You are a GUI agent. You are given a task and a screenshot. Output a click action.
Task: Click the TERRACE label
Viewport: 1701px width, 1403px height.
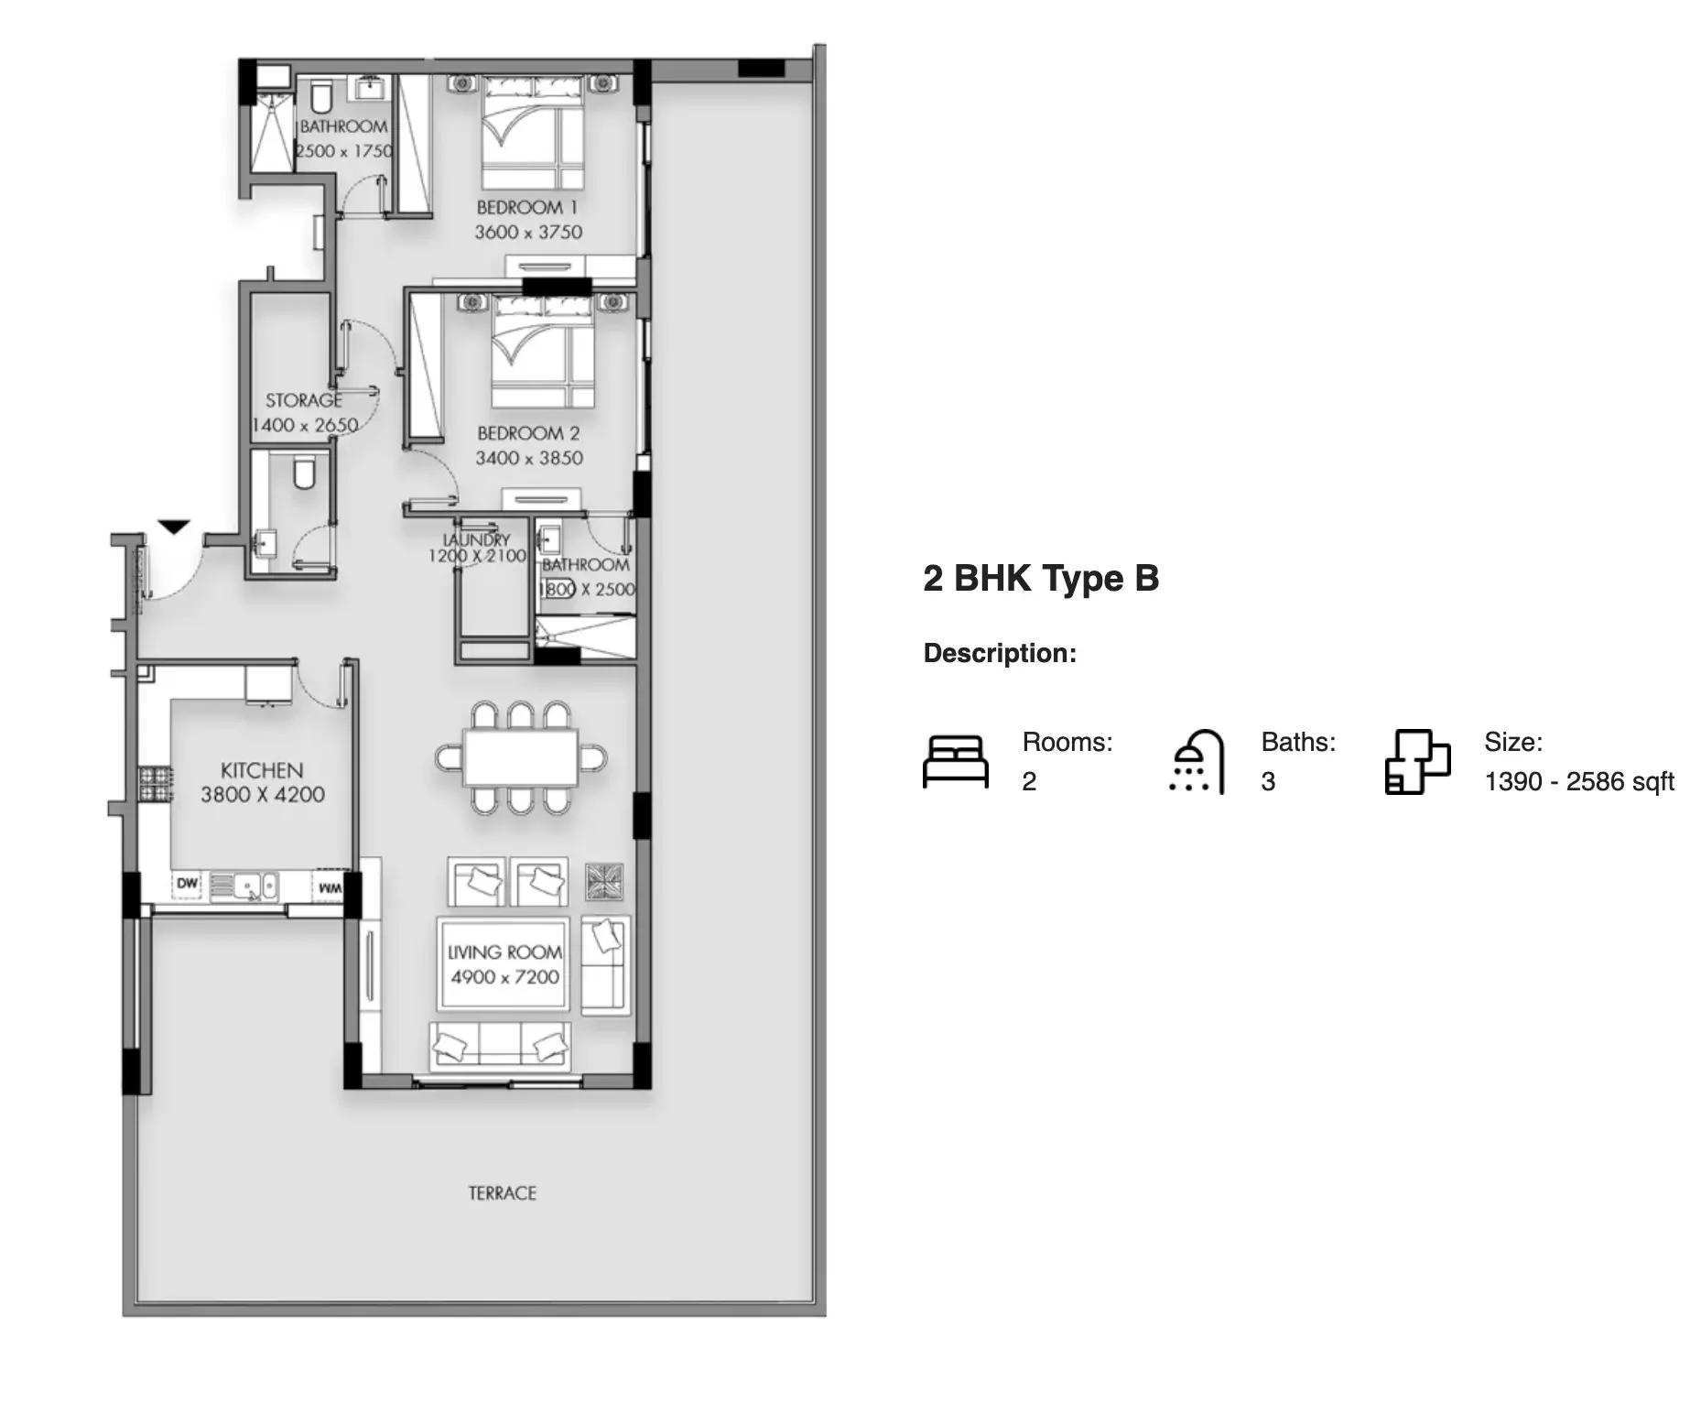click(x=502, y=1193)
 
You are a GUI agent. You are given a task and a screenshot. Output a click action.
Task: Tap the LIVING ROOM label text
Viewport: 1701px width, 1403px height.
click(x=504, y=952)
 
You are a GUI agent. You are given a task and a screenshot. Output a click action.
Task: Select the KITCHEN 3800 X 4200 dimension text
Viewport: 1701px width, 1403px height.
click(x=263, y=795)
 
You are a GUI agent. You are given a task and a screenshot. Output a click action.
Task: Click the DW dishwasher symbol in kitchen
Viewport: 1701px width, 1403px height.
click(x=187, y=884)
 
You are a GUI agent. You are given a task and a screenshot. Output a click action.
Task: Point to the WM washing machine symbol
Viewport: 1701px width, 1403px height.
click(x=330, y=887)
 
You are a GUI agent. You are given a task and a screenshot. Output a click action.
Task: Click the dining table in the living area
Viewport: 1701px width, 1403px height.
click(x=521, y=757)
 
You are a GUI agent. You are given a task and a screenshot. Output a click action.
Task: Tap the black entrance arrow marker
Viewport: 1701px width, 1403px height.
click(x=173, y=527)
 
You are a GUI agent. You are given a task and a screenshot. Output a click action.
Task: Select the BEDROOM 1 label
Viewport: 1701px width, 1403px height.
click(x=527, y=207)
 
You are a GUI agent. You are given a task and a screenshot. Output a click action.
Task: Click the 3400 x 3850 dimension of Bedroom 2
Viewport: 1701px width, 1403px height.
click(x=529, y=458)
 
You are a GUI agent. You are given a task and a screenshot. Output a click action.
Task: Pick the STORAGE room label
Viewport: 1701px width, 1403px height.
click(x=304, y=400)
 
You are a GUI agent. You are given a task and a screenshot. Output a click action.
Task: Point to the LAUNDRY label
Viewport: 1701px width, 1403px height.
click(x=476, y=540)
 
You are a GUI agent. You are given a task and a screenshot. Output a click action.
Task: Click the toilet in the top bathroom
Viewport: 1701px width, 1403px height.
click(x=320, y=95)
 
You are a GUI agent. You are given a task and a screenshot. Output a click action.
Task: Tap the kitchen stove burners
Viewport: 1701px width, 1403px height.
click(x=155, y=784)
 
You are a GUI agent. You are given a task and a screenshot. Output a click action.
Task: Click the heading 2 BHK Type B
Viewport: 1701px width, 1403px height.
click(x=1041, y=578)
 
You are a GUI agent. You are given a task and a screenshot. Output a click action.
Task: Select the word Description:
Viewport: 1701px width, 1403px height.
click(x=1000, y=653)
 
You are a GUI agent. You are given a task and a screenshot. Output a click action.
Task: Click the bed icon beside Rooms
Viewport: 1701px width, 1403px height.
click(x=956, y=762)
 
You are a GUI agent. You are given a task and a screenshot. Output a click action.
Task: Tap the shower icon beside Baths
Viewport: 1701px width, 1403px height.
click(x=1197, y=762)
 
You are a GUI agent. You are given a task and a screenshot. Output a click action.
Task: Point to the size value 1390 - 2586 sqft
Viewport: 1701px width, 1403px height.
click(x=1579, y=781)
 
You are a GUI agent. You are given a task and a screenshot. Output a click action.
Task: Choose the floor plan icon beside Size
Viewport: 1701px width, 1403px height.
click(x=1418, y=762)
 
